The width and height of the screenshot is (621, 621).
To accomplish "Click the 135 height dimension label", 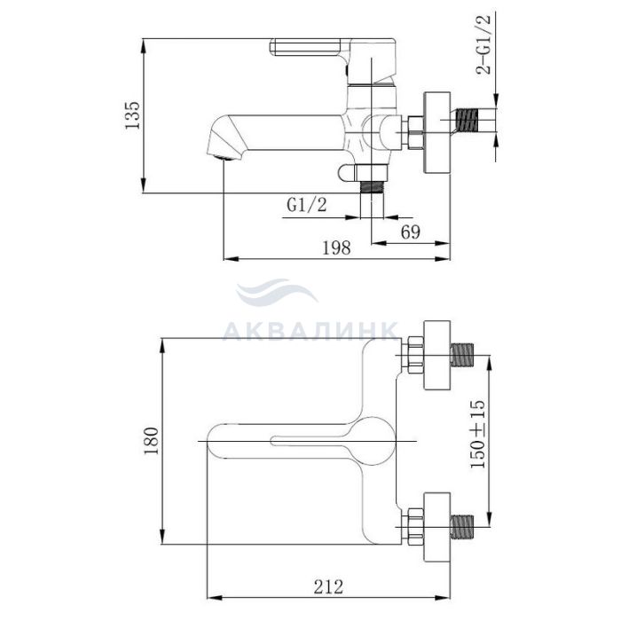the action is pos(133,114).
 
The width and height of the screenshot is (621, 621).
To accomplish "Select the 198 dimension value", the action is pos(336,248).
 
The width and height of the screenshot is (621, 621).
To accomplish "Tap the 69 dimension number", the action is pos(410,232).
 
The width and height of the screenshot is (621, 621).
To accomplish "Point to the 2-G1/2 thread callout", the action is pos(483,44).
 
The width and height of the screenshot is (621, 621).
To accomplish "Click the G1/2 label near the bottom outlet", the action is pos(307,205).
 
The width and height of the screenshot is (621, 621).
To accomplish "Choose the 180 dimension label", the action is pos(152,441).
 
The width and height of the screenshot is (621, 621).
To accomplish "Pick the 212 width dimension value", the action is pos(328,586).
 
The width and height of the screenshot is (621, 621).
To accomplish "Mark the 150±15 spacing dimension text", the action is pos(477,435).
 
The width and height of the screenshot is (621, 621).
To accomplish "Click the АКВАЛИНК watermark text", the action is pos(310,331).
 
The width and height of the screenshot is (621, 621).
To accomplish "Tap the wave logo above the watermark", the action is pos(277,292).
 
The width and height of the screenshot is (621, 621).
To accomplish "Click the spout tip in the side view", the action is pos(224,154).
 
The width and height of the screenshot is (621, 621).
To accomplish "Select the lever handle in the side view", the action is pos(333,59).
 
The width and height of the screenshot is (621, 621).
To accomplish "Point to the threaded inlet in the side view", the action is pos(468,120).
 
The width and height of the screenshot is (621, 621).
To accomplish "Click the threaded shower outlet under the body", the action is pos(372,186).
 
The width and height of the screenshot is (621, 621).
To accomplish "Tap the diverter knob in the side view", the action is pos(347,173).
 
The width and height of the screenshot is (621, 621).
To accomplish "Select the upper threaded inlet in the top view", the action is pos(462,355).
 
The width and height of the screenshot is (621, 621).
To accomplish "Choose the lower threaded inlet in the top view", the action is pos(462,526).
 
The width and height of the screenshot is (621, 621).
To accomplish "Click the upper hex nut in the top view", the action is pos(415,355).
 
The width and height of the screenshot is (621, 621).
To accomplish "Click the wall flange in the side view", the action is pos(437,133).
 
